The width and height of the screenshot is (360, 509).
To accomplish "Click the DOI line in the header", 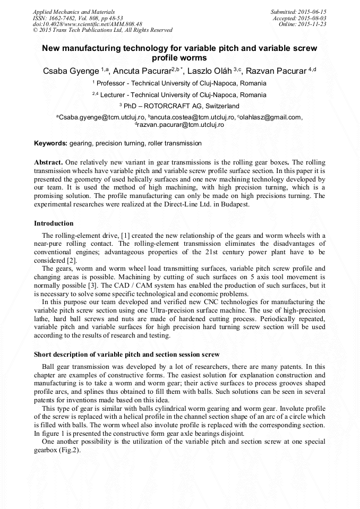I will click(88, 24).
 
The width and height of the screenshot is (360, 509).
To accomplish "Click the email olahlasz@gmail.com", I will click(270, 117).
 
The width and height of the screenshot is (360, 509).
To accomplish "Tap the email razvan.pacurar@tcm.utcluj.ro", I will click(181, 125).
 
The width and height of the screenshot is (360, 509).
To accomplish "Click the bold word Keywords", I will click(50, 143).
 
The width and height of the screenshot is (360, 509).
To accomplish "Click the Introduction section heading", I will click(54, 223).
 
